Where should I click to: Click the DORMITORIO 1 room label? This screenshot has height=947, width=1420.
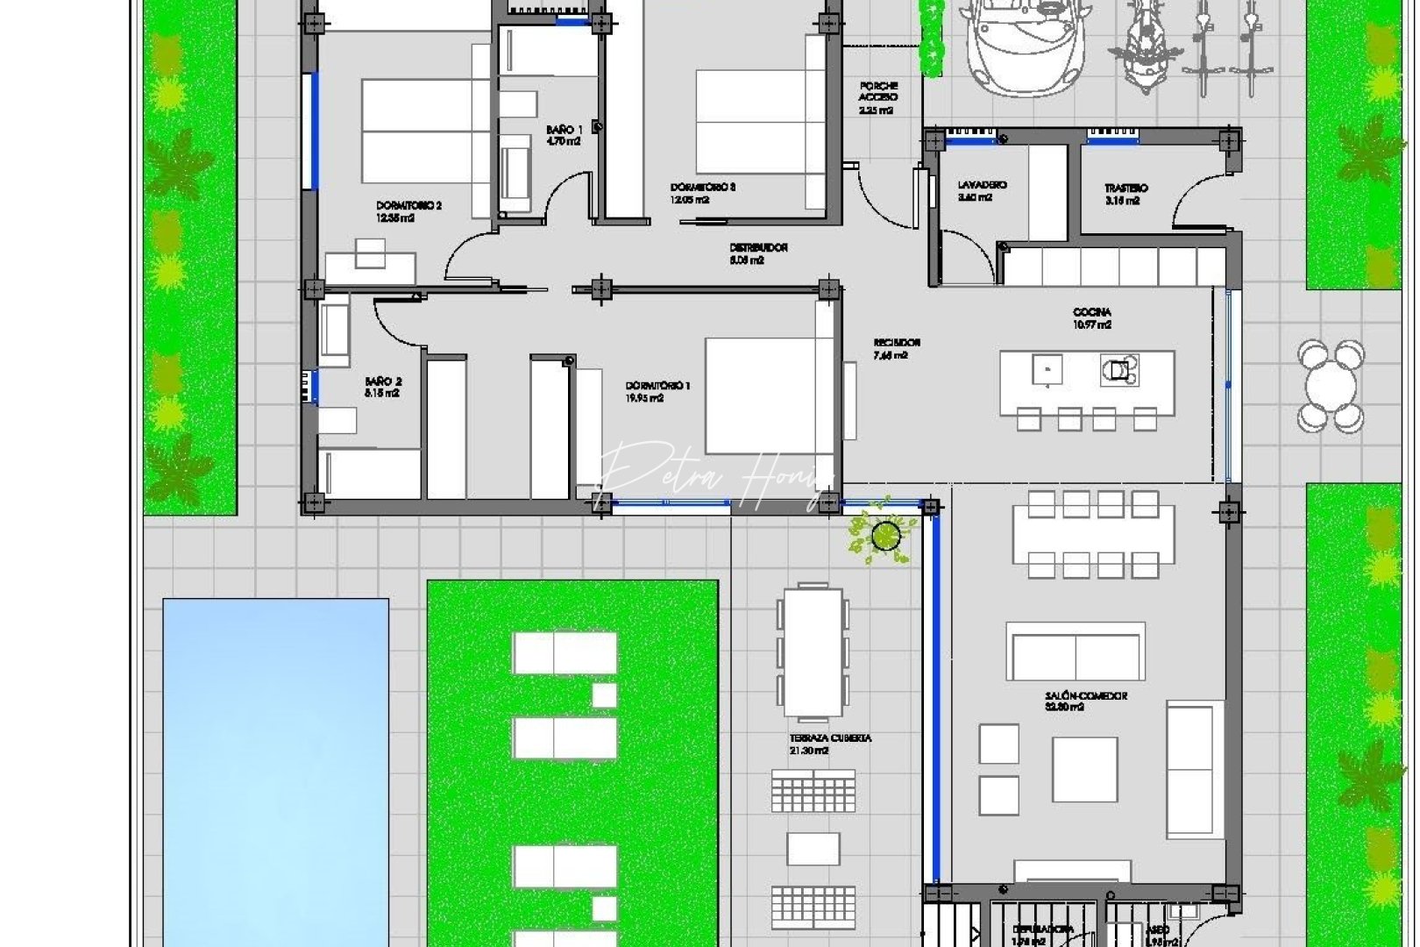[x=657, y=391]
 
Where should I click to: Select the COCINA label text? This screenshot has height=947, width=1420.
[x=1092, y=317]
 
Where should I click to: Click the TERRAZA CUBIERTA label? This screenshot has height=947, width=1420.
[x=829, y=744]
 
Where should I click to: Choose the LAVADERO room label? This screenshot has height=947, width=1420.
[x=982, y=190]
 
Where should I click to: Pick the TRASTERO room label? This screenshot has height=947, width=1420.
[x=1125, y=194]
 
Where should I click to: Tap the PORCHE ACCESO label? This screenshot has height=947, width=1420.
[x=877, y=97]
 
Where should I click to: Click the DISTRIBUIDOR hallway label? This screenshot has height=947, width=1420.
[x=758, y=253]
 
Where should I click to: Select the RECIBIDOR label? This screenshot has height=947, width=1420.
[x=896, y=348]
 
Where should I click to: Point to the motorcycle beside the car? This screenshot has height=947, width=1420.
[x=1139, y=48]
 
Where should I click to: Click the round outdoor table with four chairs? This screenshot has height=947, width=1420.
[x=1331, y=386]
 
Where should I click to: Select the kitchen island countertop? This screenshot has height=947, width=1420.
[x=1086, y=381]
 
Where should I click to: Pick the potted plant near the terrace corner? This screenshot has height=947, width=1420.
[x=885, y=533]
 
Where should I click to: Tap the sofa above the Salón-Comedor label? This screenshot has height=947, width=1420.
[x=1076, y=651]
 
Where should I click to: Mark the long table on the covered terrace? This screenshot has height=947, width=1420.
[x=813, y=652]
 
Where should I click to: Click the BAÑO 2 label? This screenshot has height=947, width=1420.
[x=383, y=387]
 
